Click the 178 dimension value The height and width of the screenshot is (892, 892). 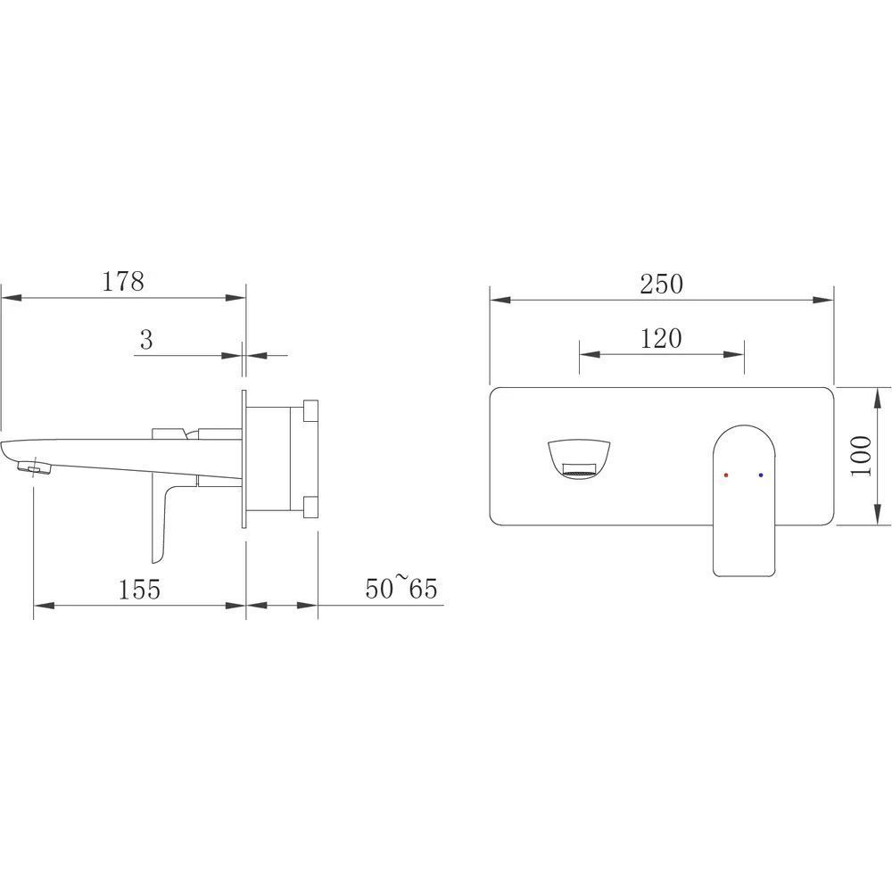123,281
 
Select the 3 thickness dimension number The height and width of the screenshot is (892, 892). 146,340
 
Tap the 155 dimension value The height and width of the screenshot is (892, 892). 139,589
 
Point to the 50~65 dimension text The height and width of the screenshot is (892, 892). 401,587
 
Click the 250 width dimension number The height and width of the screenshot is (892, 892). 661,284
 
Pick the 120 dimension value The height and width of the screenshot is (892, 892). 661,338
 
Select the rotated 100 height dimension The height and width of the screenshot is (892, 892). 862,456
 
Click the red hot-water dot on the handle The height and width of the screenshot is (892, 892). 726,475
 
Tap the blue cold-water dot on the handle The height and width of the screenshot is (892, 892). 761,475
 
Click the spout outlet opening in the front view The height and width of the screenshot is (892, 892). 579,470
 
